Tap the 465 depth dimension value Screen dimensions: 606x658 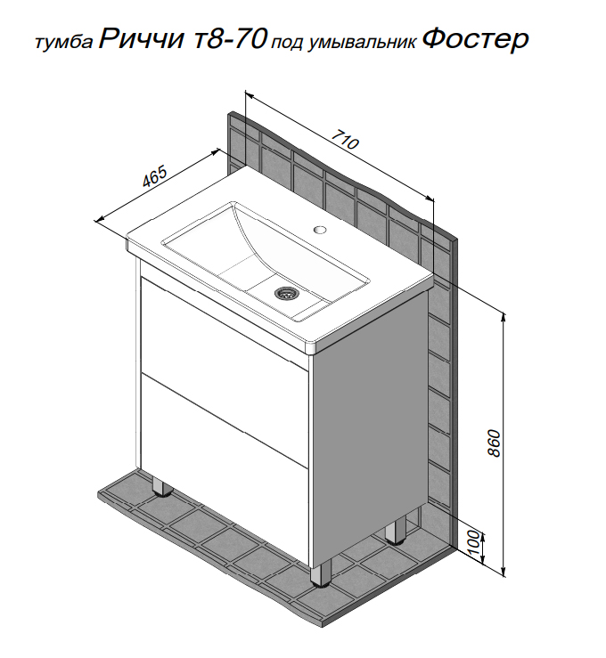point(155,176)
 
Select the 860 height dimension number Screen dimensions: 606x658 point(495,443)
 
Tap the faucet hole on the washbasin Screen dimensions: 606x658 point(320,229)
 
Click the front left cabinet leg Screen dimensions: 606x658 point(162,486)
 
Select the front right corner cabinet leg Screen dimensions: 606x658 point(321,573)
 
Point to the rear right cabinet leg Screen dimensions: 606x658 point(395,531)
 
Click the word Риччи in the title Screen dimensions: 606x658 point(142,39)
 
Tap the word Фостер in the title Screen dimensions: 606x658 point(475,40)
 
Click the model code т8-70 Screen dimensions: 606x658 point(231,39)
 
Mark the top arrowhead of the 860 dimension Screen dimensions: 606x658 point(504,317)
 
